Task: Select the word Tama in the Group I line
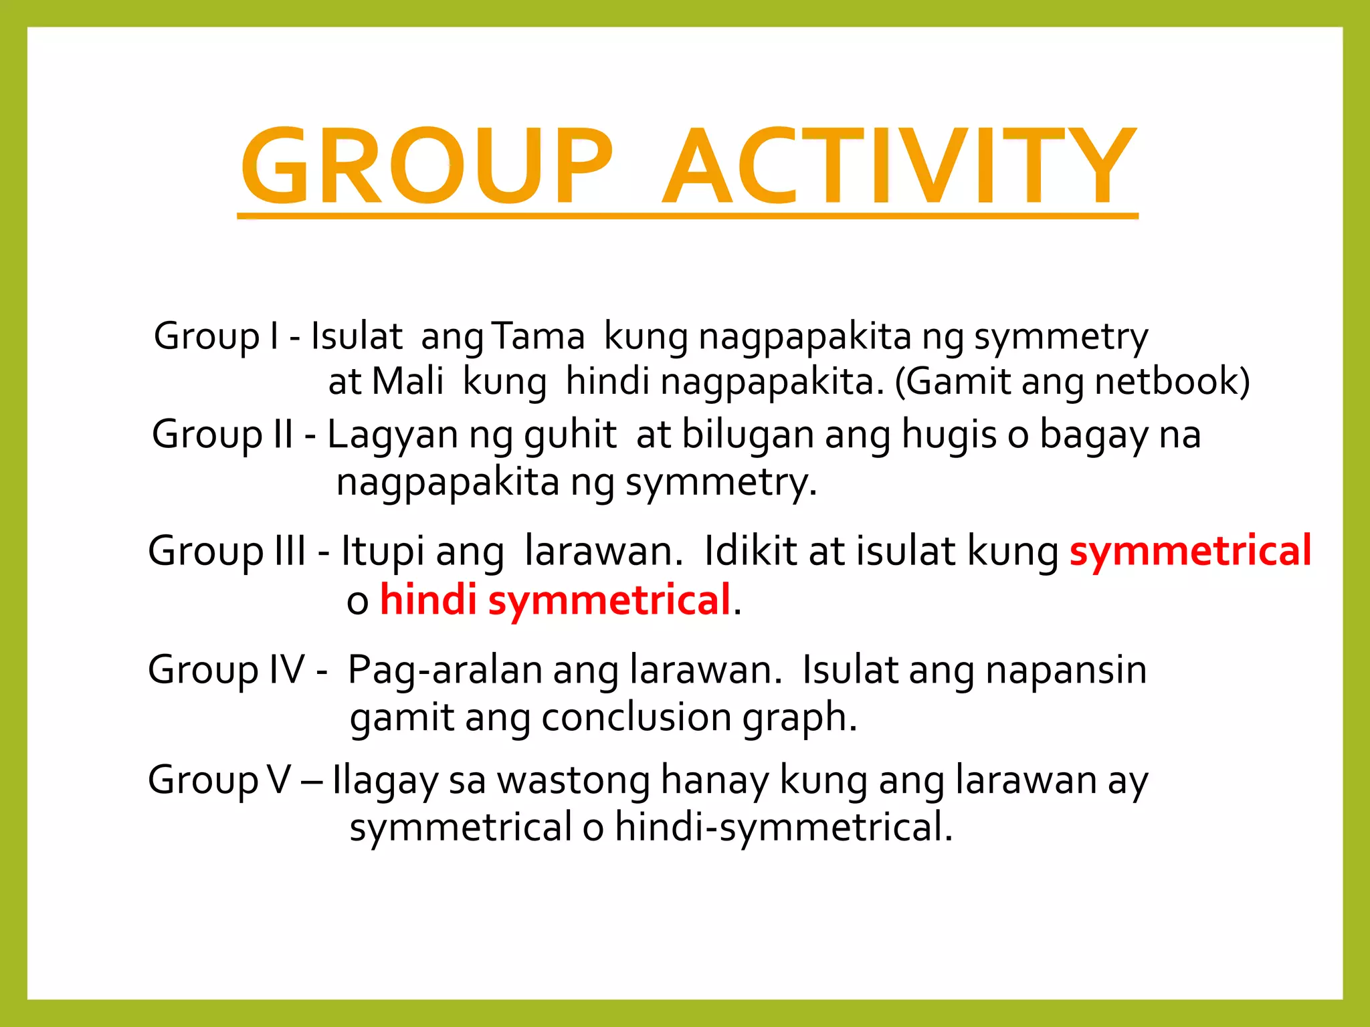(x=539, y=336)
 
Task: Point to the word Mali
(x=407, y=382)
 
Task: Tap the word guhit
(x=569, y=435)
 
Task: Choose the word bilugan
(x=747, y=435)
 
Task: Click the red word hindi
(x=428, y=600)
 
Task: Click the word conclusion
(x=636, y=717)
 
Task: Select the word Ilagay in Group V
(x=384, y=781)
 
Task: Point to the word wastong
(x=573, y=781)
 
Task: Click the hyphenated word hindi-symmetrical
(x=783, y=827)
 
